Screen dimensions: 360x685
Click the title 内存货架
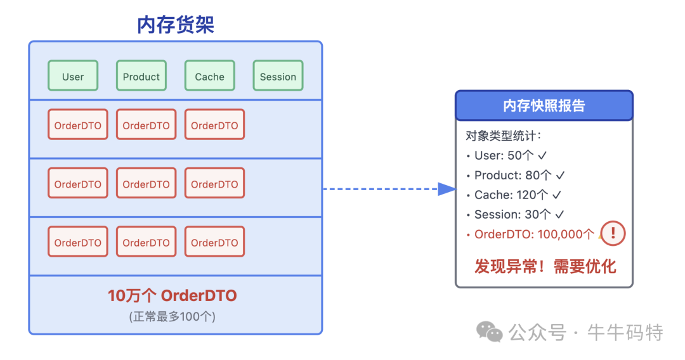(x=176, y=25)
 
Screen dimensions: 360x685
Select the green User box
(x=73, y=76)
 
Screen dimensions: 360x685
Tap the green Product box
(x=141, y=76)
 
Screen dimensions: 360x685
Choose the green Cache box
(x=210, y=76)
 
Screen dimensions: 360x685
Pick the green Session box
(x=278, y=76)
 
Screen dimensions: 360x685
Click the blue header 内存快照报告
(x=544, y=106)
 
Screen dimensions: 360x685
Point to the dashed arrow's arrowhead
(x=447, y=189)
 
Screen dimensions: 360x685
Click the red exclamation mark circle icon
(x=613, y=233)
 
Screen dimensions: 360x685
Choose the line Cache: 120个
(x=514, y=195)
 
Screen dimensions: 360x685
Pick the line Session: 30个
(x=514, y=215)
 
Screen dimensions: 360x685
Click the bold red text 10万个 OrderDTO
(x=173, y=296)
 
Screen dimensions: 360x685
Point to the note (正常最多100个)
(x=173, y=316)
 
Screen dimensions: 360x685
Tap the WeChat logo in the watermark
(x=490, y=331)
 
